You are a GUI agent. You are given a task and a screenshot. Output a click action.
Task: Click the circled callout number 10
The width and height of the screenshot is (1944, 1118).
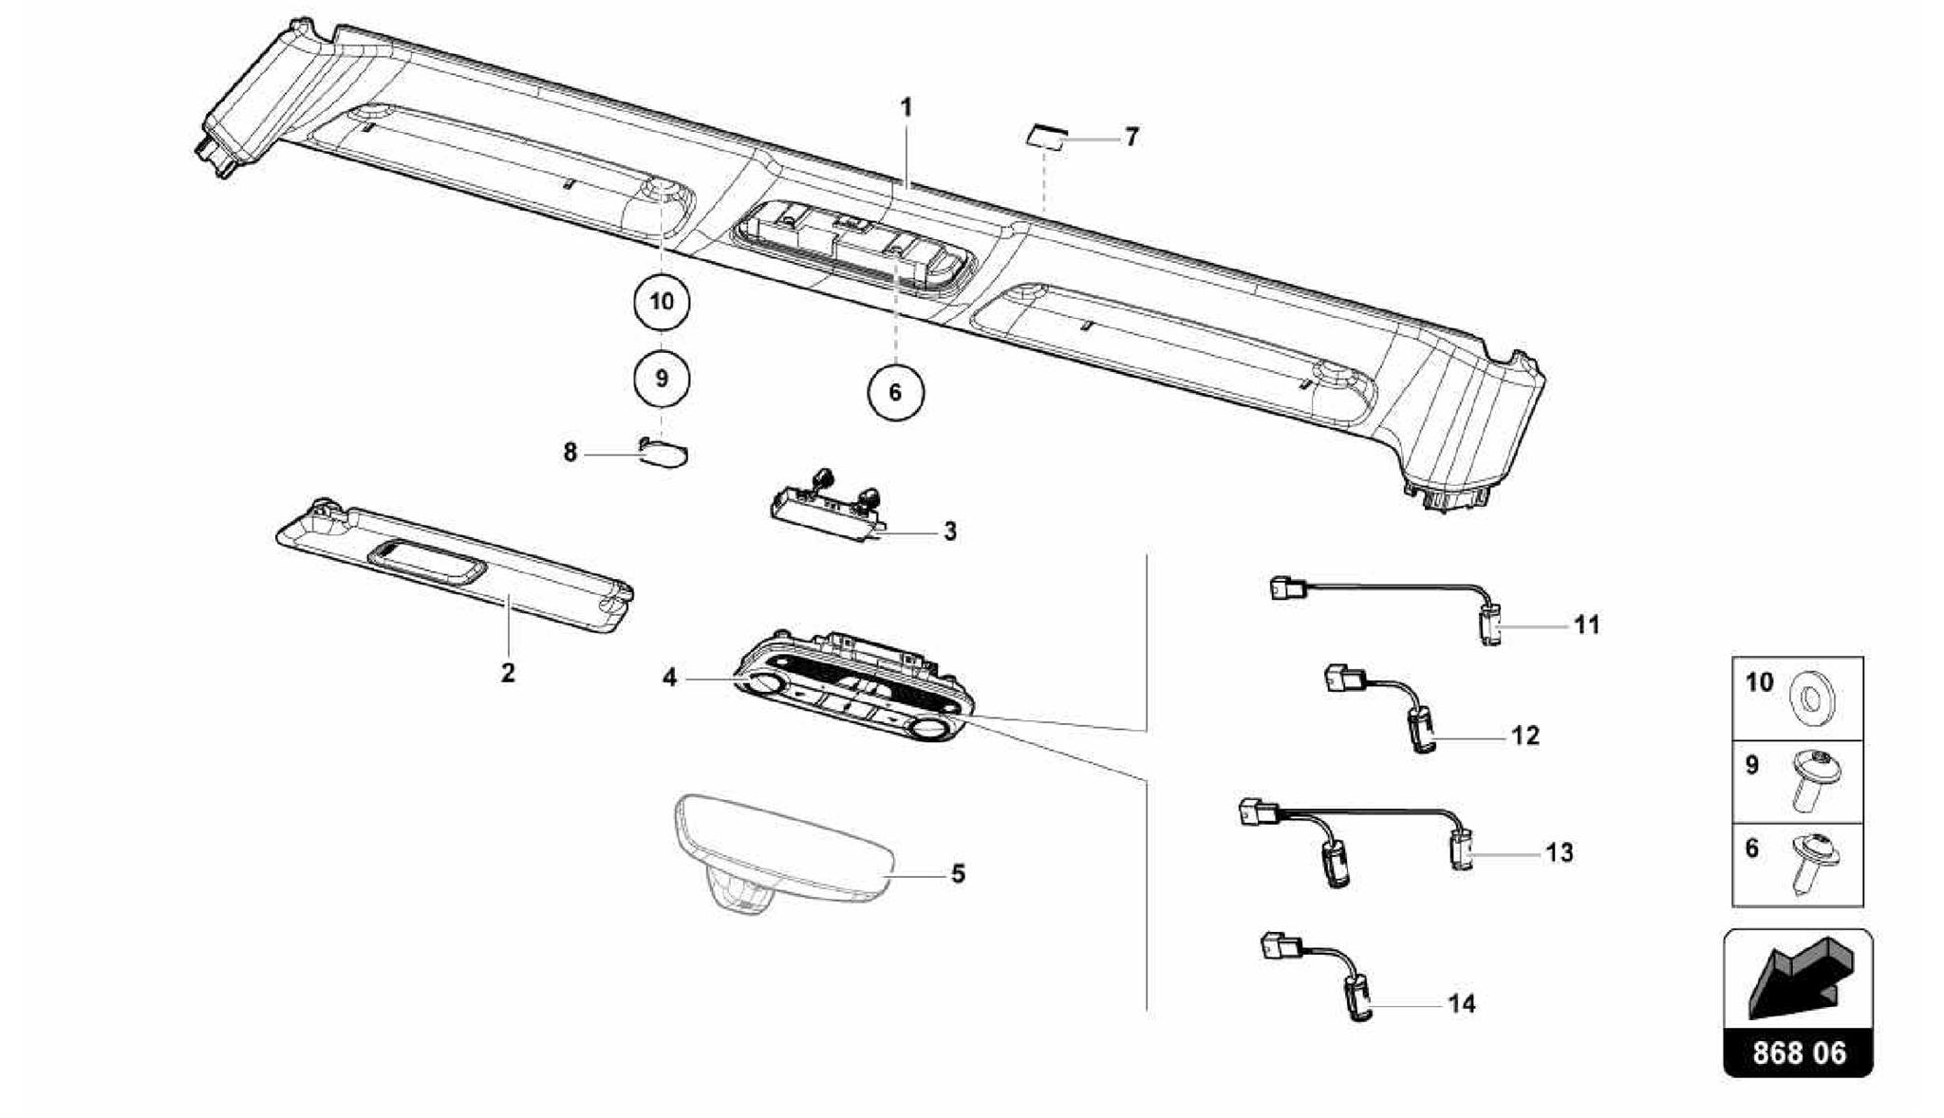click(x=662, y=302)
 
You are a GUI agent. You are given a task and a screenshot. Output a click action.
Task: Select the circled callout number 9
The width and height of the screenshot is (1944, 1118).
click(x=662, y=379)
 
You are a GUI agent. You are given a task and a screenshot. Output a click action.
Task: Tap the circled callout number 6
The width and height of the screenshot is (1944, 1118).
click(x=895, y=391)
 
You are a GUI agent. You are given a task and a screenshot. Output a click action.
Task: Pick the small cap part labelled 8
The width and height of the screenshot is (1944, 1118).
click(x=664, y=454)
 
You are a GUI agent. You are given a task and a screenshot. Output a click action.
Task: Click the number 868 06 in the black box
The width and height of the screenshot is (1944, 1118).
click(x=1799, y=1053)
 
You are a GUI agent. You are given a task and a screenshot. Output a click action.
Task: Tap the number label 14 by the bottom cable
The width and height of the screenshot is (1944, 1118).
click(x=1462, y=1003)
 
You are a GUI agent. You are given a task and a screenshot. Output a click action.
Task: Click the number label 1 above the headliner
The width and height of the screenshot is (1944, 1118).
click(x=907, y=107)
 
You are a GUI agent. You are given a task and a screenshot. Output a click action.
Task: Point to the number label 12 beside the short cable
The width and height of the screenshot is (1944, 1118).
click(x=1524, y=736)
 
